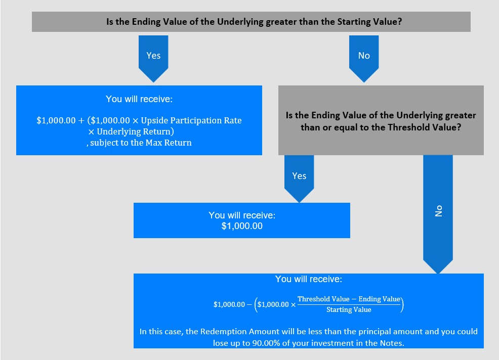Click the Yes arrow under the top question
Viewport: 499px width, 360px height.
(153, 58)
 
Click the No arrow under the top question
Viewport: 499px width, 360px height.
(364, 58)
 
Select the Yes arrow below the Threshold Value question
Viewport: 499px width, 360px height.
(299, 178)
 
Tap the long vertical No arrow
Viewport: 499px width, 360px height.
(438, 214)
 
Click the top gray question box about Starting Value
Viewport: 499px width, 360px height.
(251, 22)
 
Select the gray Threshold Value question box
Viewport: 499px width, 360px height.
(381, 120)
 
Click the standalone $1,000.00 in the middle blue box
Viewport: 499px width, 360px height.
(242, 226)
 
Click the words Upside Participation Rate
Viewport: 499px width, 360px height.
(191, 120)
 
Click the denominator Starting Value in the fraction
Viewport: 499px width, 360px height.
(349, 310)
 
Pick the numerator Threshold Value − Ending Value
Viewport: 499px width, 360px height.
(349, 299)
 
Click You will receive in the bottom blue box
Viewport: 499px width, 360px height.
(308, 279)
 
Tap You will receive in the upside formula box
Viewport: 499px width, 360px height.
(139, 99)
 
